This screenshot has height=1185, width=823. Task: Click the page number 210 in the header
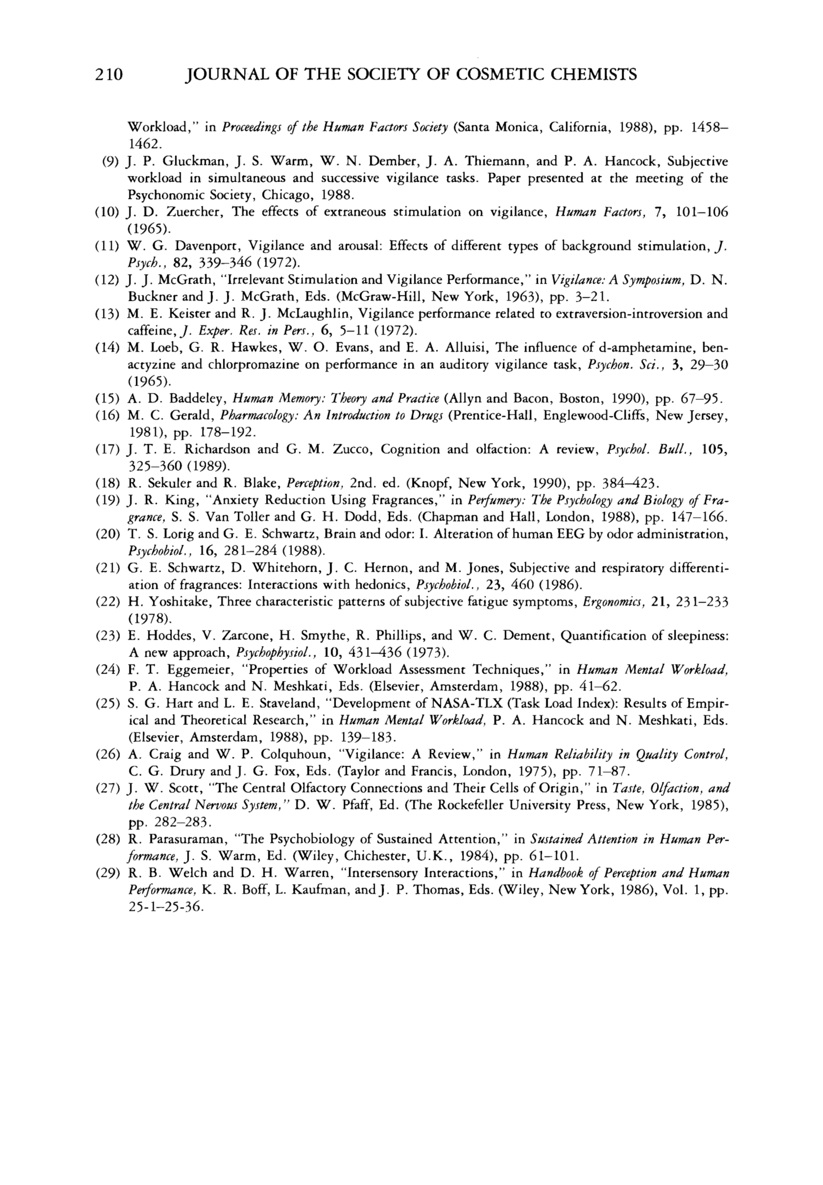[x=108, y=75]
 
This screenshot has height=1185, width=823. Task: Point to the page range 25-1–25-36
[x=165, y=907]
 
